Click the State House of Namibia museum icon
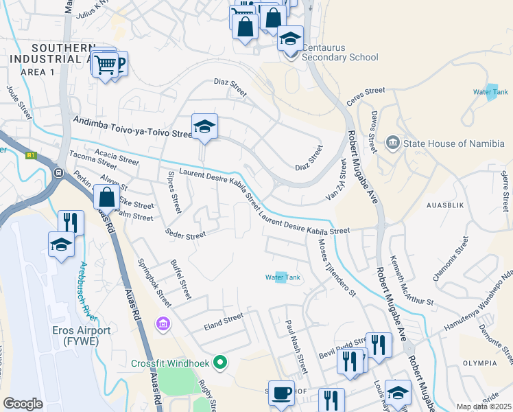[393, 144]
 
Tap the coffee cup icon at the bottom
[281, 393]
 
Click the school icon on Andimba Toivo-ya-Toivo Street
[204, 126]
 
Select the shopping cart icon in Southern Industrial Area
[105, 65]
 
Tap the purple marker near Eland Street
[163, 323]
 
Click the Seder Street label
[185, 235]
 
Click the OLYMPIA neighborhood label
[479, 363]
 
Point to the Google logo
[23, 404]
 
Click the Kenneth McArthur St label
[411, 282]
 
